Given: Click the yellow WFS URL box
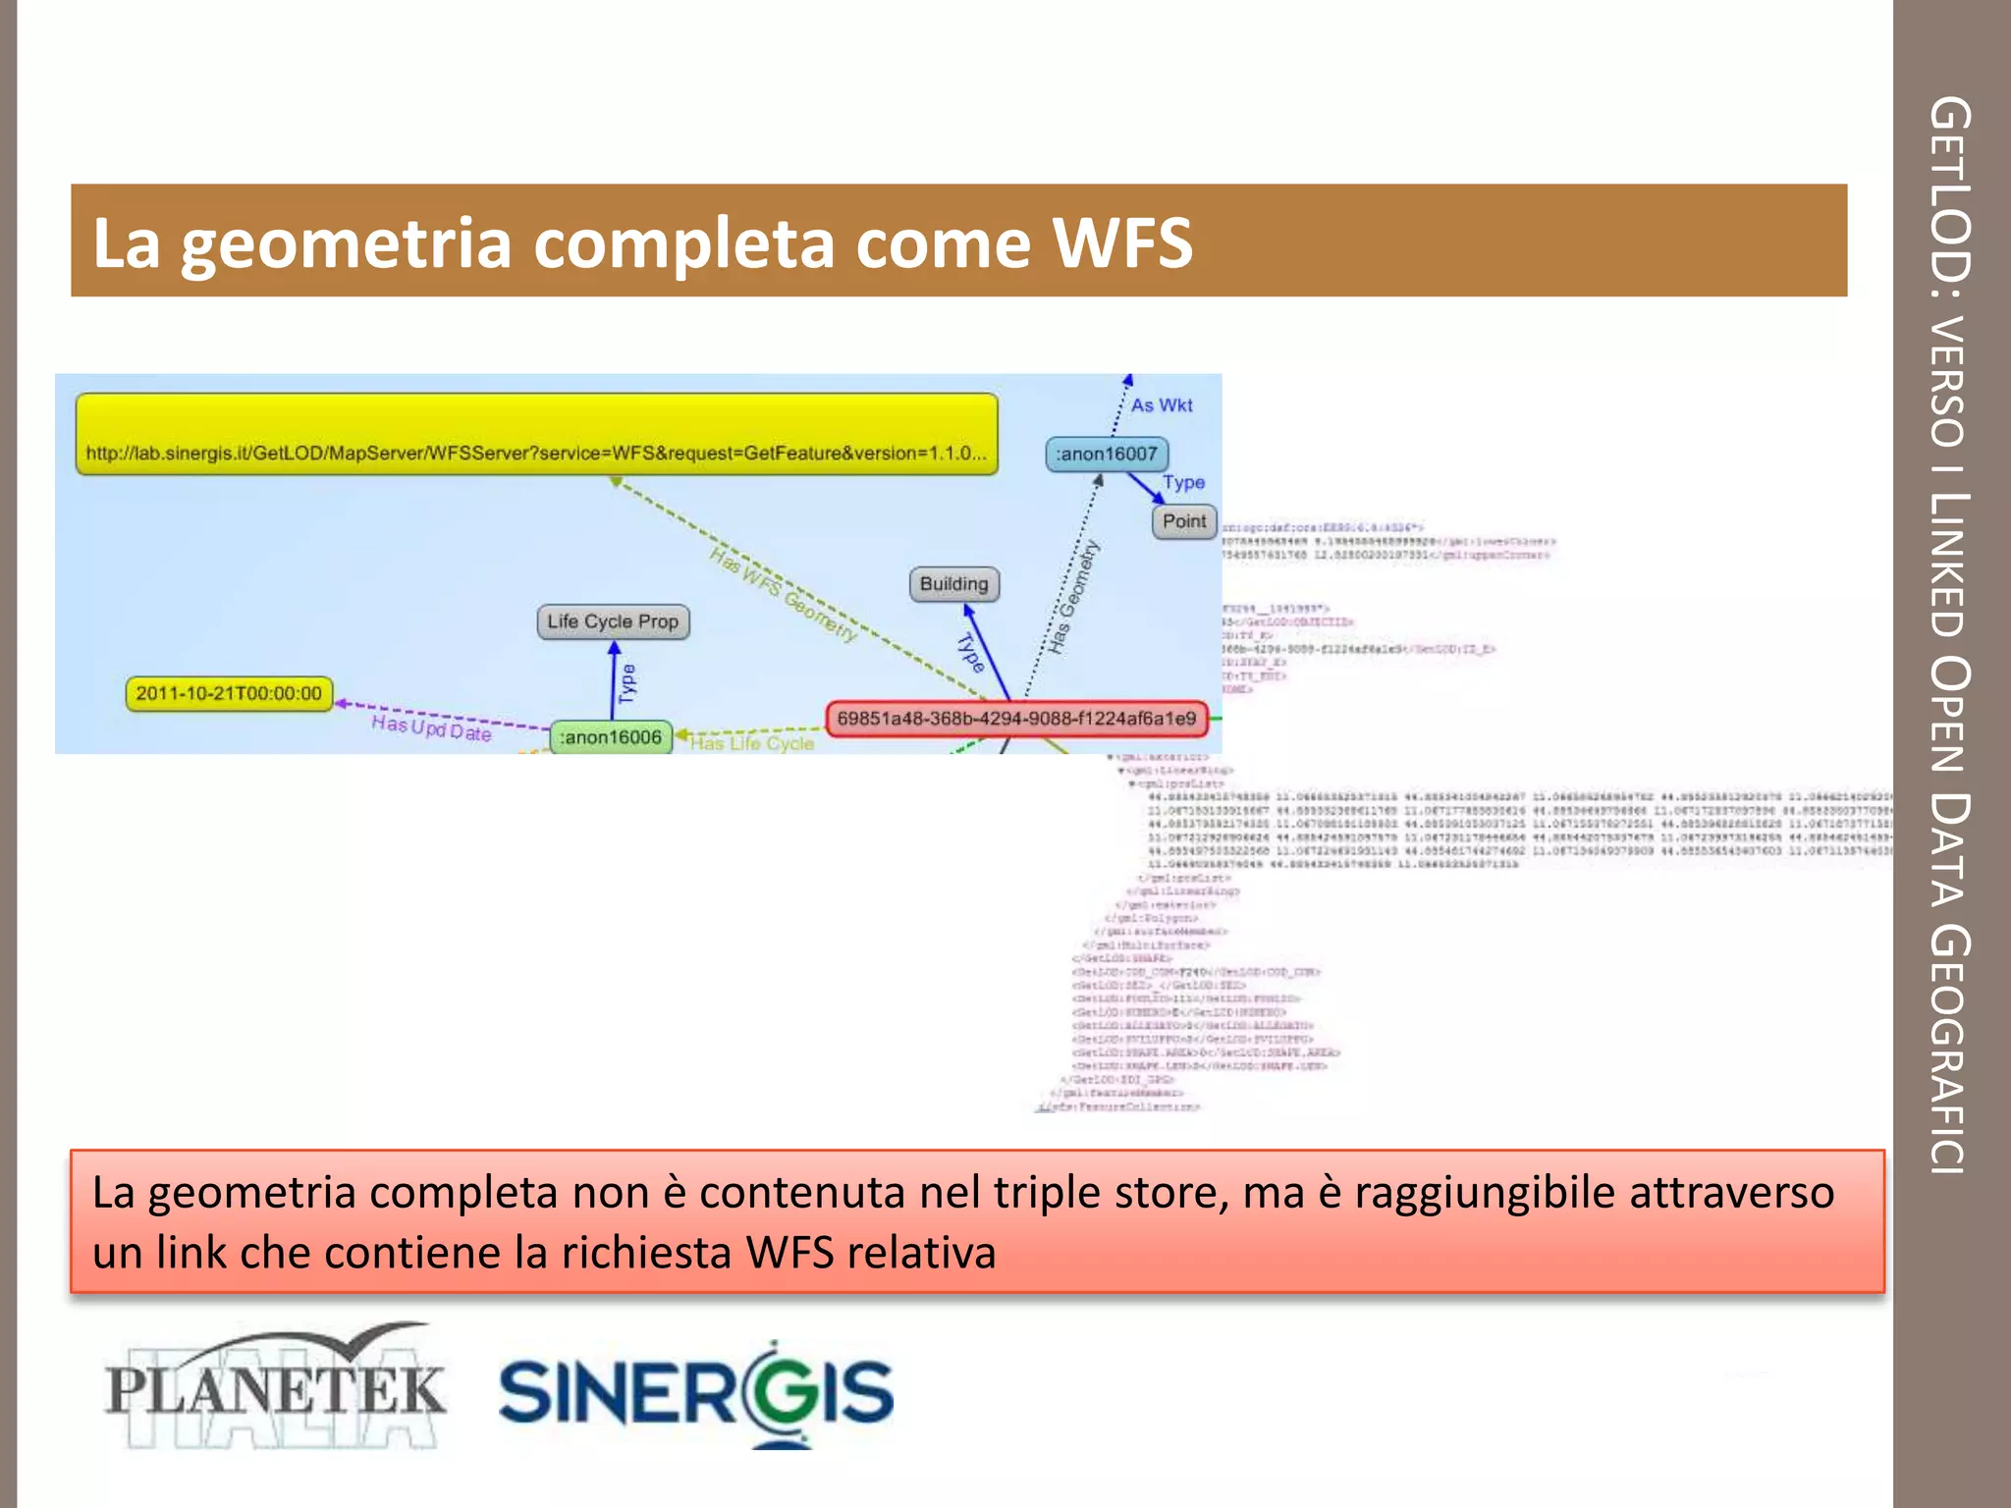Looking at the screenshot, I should [536, 435].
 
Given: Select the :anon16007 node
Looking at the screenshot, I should [1107, 454].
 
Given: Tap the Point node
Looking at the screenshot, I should [1184, 521].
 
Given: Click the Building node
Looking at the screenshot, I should [953, 584].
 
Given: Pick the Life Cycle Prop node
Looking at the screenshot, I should [613, 621].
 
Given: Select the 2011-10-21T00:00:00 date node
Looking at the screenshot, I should [229, 693].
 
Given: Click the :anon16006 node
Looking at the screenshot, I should [611, 737].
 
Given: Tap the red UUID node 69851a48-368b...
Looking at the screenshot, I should [1016, 719].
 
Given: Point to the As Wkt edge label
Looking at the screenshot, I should [1161, 405].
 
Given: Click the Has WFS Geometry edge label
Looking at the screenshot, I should [784, 595].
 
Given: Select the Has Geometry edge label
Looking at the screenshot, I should [1073, 597].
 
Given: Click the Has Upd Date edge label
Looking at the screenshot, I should [431, 728].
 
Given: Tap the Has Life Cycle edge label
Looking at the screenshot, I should [752, 744].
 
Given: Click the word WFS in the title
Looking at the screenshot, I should [1121, 242].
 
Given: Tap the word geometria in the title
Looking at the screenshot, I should [346, 242].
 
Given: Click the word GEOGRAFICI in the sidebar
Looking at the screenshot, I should [1950, 1050].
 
